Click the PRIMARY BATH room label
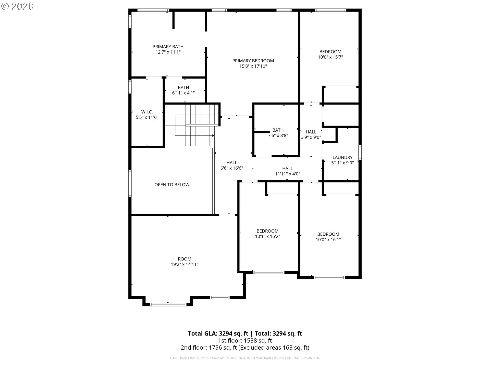pos(168,47)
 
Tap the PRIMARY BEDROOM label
pos(253,61)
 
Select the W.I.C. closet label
pos(147,112)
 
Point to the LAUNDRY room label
pos(342,157)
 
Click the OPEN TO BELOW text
pos(172,185)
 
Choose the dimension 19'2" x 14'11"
pos(185,264)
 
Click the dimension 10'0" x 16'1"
pos(328,239)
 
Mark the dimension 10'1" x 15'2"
pos(267,236)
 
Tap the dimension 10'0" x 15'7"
pos(330,57)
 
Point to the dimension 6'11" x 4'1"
pos(183,93)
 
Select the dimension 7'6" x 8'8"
pos(278,135)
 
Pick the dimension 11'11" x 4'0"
pos(287,174)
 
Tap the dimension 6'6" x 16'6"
pos(232,168)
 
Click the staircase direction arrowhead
pos(213,136)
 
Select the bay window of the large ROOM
pos(168,304)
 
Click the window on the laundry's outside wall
pos(360,153)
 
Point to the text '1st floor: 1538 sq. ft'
pos(245,340)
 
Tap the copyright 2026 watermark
pos(17,6)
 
